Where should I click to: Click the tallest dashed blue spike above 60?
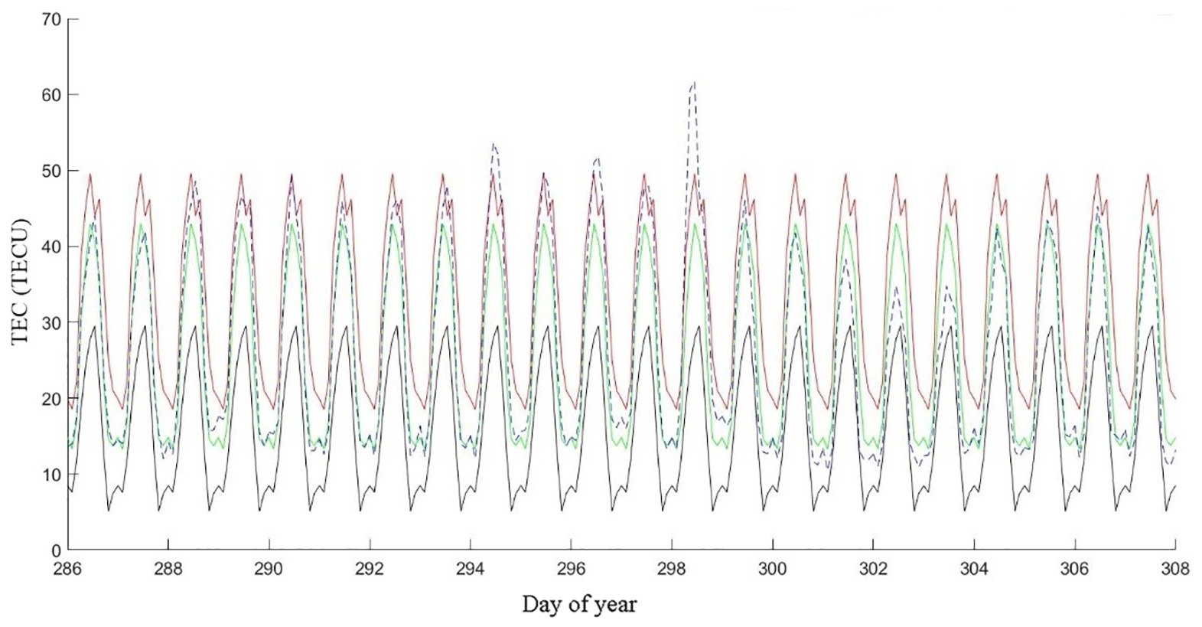(x=693, y=83)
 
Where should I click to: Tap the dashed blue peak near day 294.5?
(x=494, y=144)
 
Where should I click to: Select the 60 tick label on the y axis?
(x=50, y=95)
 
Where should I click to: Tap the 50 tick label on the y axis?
(x=50, y=171)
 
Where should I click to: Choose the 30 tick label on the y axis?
(x=50, y=322)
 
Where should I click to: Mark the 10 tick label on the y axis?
(x=50, y=475)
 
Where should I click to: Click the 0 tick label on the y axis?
(x=55, y=550)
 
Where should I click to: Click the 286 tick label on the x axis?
(x=68, y=570)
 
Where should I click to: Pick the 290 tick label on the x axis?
(x=269, y=570)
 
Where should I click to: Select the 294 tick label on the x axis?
(x=471, y=570)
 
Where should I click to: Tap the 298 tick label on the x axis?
(x=672, y=570)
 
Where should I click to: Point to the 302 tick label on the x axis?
(x=873, y=570)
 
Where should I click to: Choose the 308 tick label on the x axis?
(x=1174, y=570)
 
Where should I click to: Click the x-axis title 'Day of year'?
(x=579, y=605)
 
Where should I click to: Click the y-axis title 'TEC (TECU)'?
(x=21, y=284)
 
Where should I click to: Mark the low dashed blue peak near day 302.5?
(x=896, y=288)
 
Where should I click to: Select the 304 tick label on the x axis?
(x=973, y=570)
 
